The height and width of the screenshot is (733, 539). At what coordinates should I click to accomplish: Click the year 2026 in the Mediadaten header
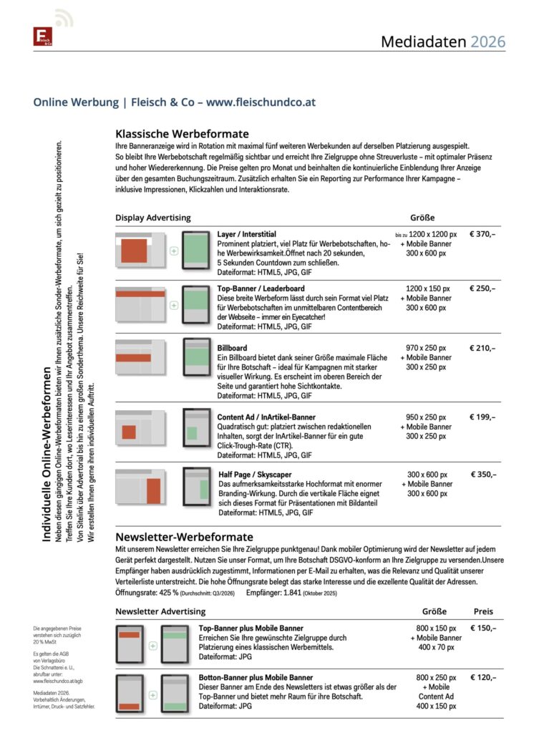(x=487, y=42)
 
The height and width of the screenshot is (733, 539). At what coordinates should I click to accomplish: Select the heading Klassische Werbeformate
(x=182, y=134)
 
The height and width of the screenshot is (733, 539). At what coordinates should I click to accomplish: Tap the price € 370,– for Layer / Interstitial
(x=482, y=234)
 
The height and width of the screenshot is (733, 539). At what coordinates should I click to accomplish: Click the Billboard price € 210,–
(x=482, y=348)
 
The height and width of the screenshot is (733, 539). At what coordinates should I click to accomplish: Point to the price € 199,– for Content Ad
(x=482, y=417)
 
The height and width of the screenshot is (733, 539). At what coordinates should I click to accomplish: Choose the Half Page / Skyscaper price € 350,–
(x=483, y=474)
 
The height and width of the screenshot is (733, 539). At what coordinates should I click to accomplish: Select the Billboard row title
(x=232, y=348)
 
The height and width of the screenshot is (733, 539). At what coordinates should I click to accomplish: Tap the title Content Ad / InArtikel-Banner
(x=266, y=417)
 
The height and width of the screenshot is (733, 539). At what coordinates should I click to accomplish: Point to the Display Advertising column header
(x=153, y=218)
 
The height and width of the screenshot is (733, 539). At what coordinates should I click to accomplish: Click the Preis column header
(x=483, y=611)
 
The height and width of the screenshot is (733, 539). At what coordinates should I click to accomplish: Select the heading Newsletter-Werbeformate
(x=184, y=537)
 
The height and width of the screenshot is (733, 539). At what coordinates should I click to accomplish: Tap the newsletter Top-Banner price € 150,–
(x=483, y=628)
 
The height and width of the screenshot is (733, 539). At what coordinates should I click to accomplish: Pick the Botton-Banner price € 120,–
(x=483, y=676)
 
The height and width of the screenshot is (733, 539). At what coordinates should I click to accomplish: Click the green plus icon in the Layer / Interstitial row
(x=173, y=251)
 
